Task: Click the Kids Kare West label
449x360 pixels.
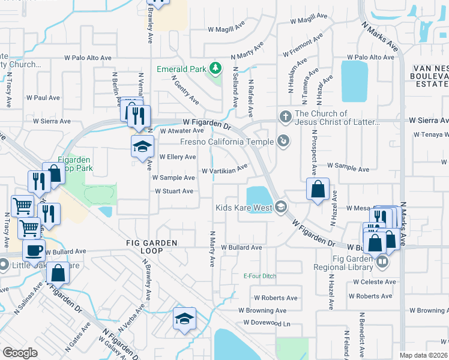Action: [244, 208]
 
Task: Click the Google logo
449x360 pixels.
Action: [20, 353]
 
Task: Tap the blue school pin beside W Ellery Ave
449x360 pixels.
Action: [142, 146]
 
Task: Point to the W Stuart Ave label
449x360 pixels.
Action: [174, 191]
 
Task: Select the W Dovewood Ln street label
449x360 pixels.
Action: [267, 323]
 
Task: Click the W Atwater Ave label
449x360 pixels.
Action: [182, 130]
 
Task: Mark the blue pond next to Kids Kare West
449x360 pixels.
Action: [258, 196]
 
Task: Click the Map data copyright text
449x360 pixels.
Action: [423, 355]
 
